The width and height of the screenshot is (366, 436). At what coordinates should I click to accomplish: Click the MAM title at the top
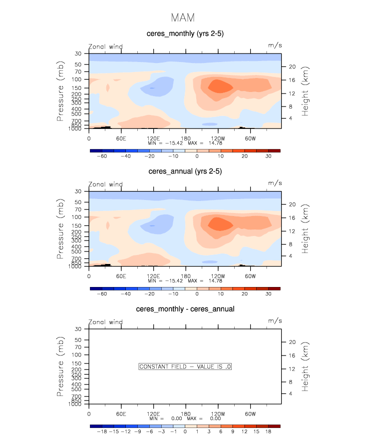click(x=183, y=18)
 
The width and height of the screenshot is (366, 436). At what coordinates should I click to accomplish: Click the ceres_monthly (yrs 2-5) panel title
click(x=185, y=33)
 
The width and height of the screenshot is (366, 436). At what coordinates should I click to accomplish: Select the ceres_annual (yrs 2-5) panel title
click(x=185, y=171)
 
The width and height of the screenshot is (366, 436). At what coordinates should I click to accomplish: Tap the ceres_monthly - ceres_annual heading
click(x=185, y=309)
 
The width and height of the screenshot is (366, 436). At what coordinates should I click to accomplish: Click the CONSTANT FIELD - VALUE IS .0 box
click(x=185, y=366)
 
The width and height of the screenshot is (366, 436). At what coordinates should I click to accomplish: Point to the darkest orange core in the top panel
click(x=220, y=85)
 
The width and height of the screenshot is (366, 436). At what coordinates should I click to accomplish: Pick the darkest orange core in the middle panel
click(x=220, y=223)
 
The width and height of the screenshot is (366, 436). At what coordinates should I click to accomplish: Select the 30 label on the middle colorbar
click(x=268, y=294)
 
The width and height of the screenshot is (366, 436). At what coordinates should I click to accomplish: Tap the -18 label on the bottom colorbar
click(x=101, y=431)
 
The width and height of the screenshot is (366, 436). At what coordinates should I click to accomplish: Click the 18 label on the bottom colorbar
click(x=268, y=431)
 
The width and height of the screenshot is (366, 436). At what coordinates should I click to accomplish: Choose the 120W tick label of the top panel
click(x=218, y=138)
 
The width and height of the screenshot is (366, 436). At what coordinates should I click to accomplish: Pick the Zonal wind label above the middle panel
click(x=105, y=184)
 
